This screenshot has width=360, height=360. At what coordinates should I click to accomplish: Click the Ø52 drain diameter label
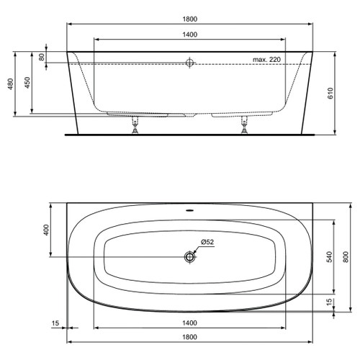(207, 243)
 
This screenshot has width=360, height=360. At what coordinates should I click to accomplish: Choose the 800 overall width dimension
(346, 256)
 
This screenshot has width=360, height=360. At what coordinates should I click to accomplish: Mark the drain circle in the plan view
(190, 257)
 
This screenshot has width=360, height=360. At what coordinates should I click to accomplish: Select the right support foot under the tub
(245, 127)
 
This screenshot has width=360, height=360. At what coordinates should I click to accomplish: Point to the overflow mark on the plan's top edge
(190, 212)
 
